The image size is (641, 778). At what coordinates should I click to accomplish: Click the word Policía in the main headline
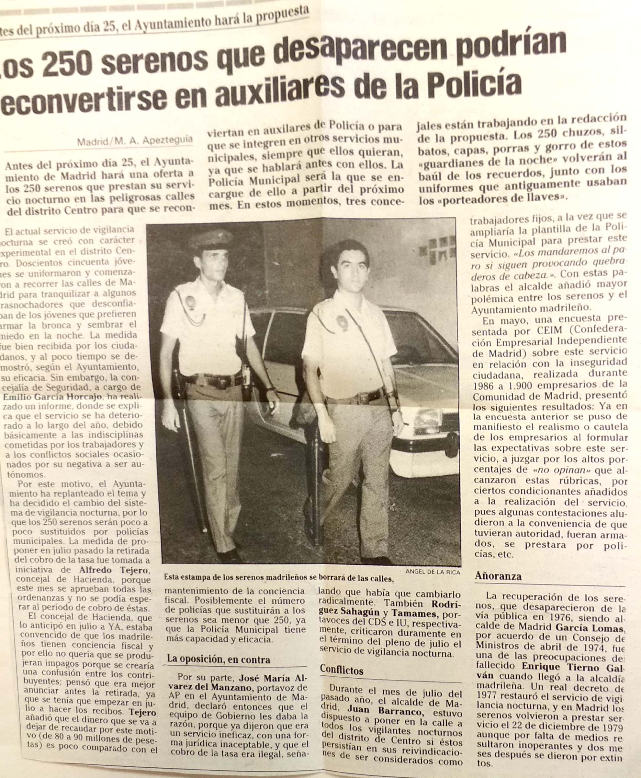pyautogui.click(x=476, y=84)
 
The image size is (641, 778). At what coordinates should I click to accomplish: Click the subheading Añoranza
pyautogui.click(x=498, y=576)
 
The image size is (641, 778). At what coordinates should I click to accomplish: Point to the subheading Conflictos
pyautogui.click(x=342, y=669)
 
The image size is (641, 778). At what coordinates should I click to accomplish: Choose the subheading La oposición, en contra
pyautogui.click(x=219, y=659)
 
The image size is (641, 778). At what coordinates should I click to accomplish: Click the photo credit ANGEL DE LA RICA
pyautogui.click(x=433, y=572)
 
